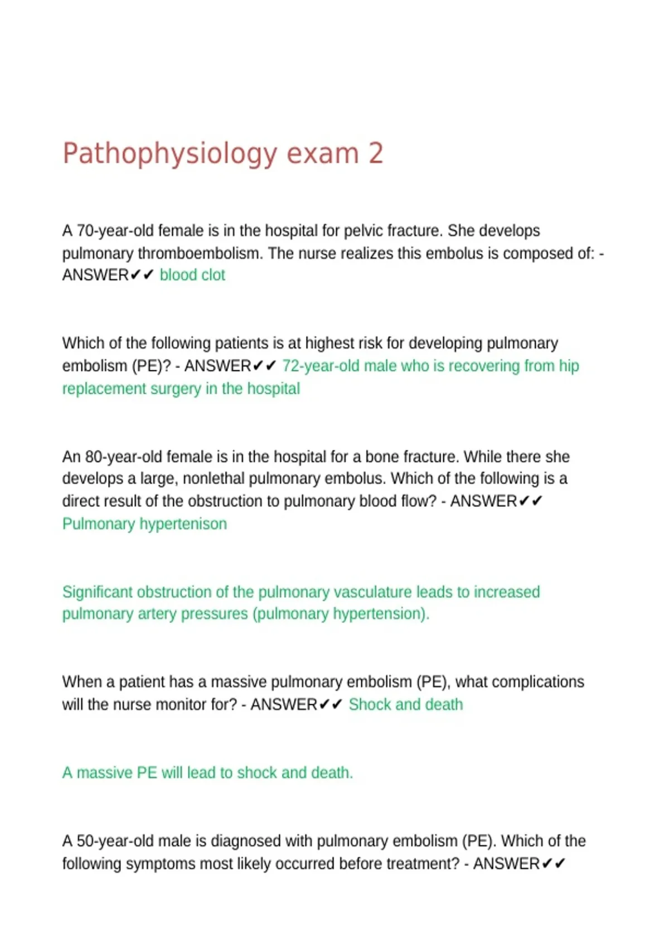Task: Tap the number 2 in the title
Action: [x=376, y=153]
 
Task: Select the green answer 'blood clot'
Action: [x=192, y=275]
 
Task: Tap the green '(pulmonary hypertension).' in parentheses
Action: [x=341, y=614]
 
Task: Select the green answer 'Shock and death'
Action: [x=406, y=704]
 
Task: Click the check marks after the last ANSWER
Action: [x=554, y=864]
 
